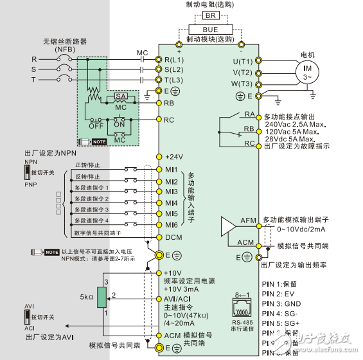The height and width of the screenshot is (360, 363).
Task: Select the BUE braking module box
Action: pos(209,29)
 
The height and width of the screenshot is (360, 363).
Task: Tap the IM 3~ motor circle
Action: pos(305,71)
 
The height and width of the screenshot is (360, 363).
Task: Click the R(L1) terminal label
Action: pos(175,59)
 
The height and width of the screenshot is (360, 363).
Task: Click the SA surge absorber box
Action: pos(120,97)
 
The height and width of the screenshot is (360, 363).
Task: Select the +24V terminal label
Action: pos(174,156)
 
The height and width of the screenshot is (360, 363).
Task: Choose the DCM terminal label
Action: pos(173,237)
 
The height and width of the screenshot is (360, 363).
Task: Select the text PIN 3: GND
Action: pos(283,302)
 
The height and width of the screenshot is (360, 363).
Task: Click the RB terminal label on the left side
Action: pos(170,103)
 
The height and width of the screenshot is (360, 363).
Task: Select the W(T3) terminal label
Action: pos(243,84)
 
